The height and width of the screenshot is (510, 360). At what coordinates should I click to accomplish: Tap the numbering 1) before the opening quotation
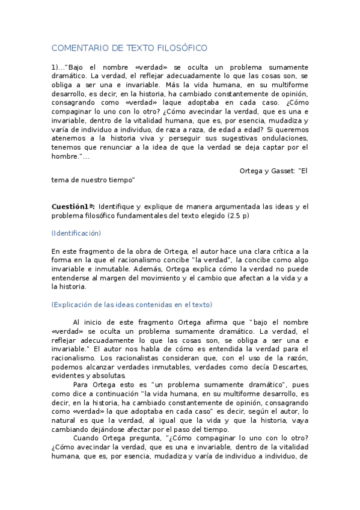click(x=56, y=67)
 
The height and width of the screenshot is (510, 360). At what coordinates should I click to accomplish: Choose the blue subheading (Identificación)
click(x=76, y=233)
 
